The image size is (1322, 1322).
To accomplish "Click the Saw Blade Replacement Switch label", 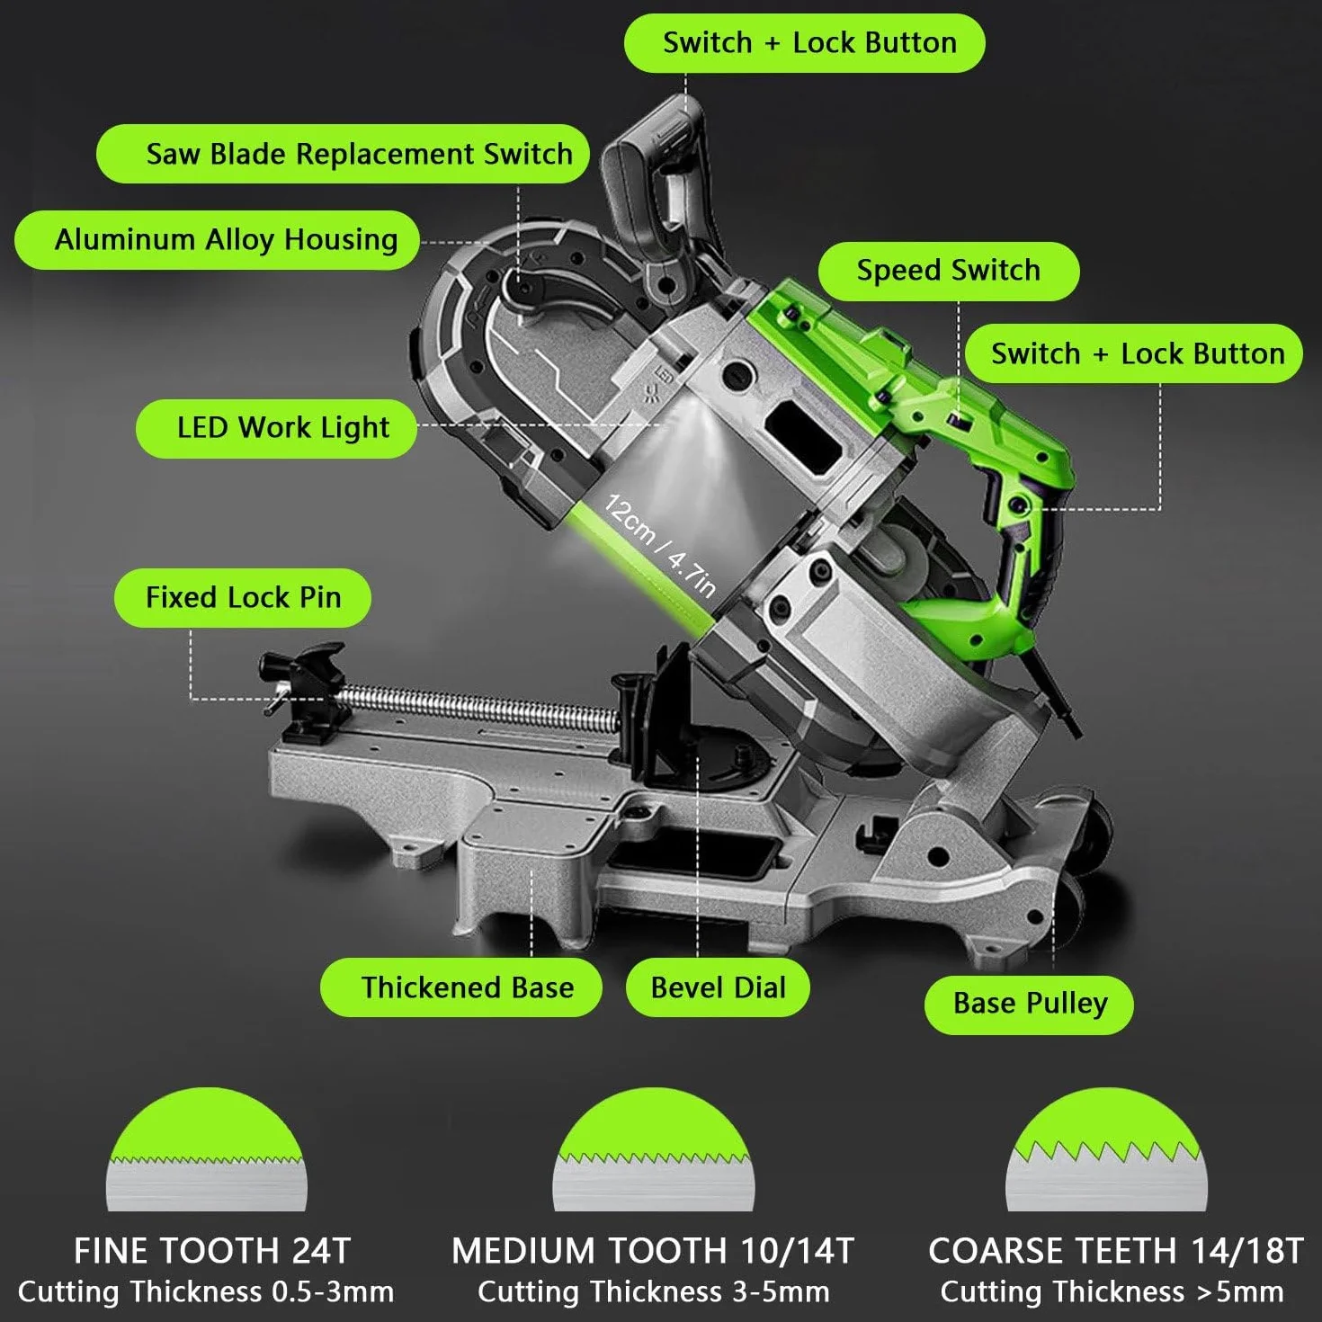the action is point(343,154).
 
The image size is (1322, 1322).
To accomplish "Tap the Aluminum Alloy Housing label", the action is point(217,240).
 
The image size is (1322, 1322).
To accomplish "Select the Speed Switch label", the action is point(949,271).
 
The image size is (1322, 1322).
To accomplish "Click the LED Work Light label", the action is point(276,428).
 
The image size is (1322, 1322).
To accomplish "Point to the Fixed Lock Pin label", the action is point(243,597).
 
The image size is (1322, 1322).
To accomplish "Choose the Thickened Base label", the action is point(461,987).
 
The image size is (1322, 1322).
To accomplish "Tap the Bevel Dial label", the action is point(719,987).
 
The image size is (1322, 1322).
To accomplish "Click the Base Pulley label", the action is point(1029,1005).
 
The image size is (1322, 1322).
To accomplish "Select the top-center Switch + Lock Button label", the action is point(805,42).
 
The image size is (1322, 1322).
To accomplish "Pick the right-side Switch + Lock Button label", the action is point(1134,353).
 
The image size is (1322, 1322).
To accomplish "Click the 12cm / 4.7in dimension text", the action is point(659,546).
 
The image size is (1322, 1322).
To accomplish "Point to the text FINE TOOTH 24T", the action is point(212,1251).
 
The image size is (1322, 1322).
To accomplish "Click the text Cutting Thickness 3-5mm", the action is point(654,1292).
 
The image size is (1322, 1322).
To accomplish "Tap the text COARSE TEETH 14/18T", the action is point(1115,1251).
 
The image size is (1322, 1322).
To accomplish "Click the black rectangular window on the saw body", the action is point(804,438).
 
